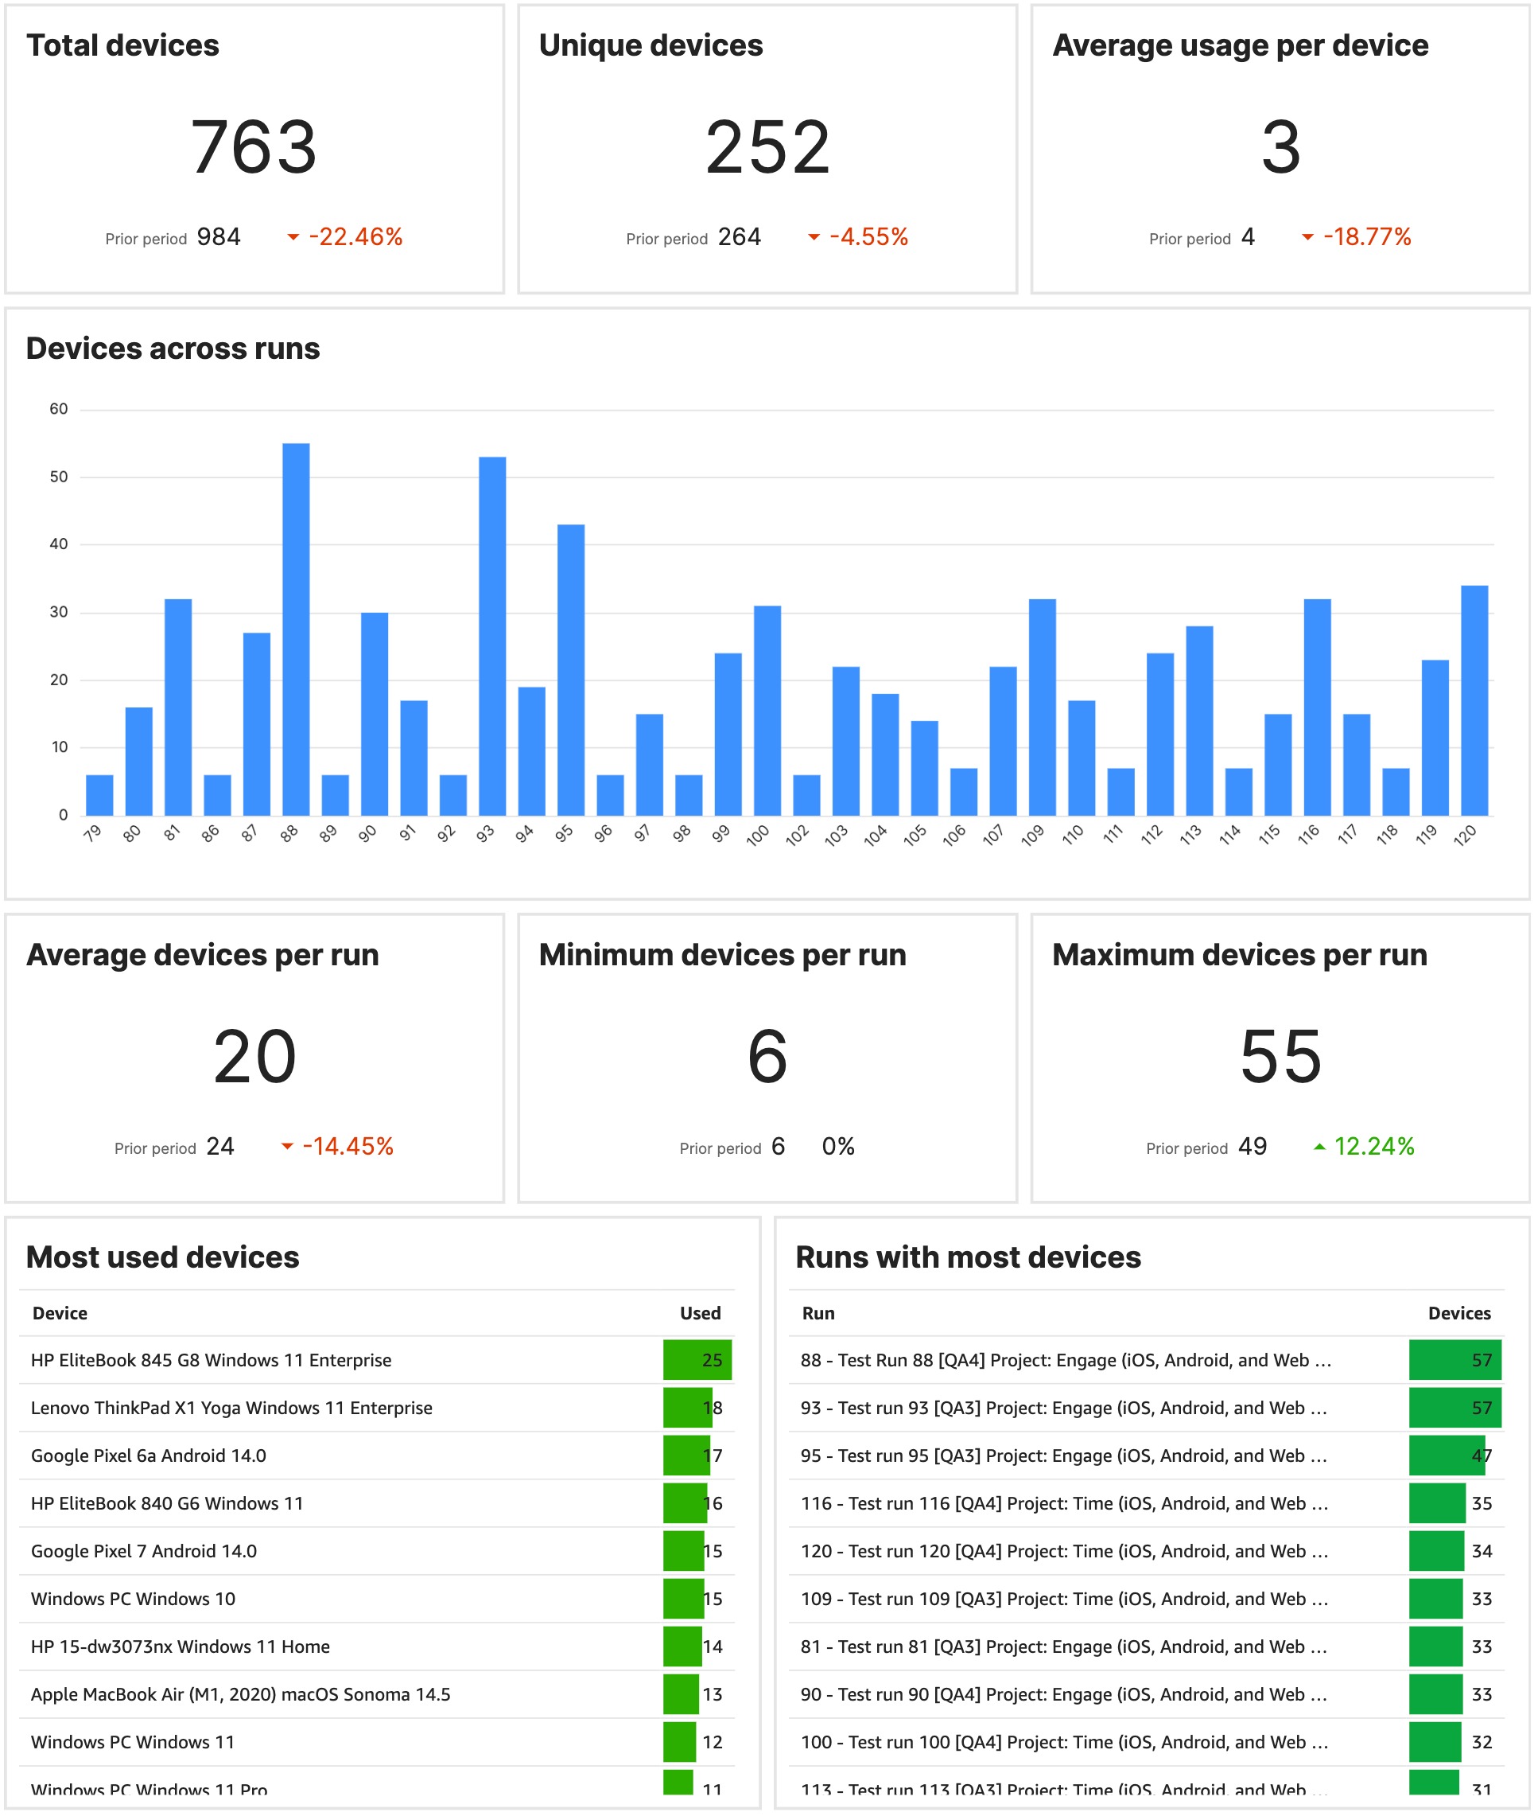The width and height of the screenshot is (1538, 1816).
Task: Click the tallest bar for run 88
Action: tap(296, 628)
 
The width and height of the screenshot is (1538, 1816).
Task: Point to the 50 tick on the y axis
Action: tap(58, 476)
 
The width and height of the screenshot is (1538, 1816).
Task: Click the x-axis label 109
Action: tap(1032, 835)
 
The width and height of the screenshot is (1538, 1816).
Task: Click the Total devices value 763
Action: tap(254, 146)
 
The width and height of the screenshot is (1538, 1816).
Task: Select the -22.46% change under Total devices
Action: tap(355, 236)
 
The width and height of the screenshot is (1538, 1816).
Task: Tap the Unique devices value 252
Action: tap(767, 146)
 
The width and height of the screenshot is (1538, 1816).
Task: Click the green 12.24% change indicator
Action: tap(1373, 1146)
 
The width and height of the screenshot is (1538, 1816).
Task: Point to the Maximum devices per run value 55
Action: tap(1280, 1056)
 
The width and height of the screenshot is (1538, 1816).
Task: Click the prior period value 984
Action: tap(218, 236)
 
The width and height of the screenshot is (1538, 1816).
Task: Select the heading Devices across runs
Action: tap(173, 348)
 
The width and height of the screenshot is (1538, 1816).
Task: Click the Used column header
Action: tap(699, 1313)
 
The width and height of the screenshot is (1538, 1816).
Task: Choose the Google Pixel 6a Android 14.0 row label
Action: tap(148, 1455)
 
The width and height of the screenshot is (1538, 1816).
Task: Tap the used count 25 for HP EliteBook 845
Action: tap(712, 1360)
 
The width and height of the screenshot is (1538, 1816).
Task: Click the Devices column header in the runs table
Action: tap(1458, 1313)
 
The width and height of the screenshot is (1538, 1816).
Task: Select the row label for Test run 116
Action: tap(1064, 1503)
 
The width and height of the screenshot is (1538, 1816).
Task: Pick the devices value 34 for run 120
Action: tap(1482, 1551)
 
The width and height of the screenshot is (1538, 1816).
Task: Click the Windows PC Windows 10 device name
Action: tap(133, 1598)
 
